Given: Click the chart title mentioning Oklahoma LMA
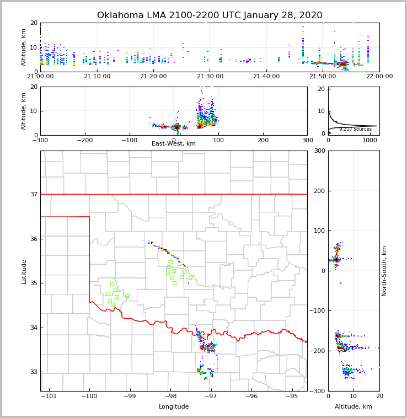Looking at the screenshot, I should [210, 15].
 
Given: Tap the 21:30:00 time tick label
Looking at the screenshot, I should [210, 77].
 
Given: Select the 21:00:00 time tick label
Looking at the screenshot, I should [40, 77].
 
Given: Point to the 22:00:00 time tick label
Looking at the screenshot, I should [379, 77].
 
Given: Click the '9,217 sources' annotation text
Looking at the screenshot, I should [355, 129].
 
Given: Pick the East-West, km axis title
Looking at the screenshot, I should [174, 144].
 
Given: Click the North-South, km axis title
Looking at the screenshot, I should [384, 271].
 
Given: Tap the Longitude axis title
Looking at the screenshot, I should [174, 407].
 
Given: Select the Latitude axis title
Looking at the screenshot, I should [24, 271].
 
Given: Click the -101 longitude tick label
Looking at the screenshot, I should [49, 396].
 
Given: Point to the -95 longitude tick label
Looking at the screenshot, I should [292, 396].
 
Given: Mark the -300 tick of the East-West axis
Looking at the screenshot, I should [40, 140].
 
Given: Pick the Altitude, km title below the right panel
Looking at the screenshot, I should [354, 407].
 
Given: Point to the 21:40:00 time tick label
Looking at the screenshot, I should [266, 77].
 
